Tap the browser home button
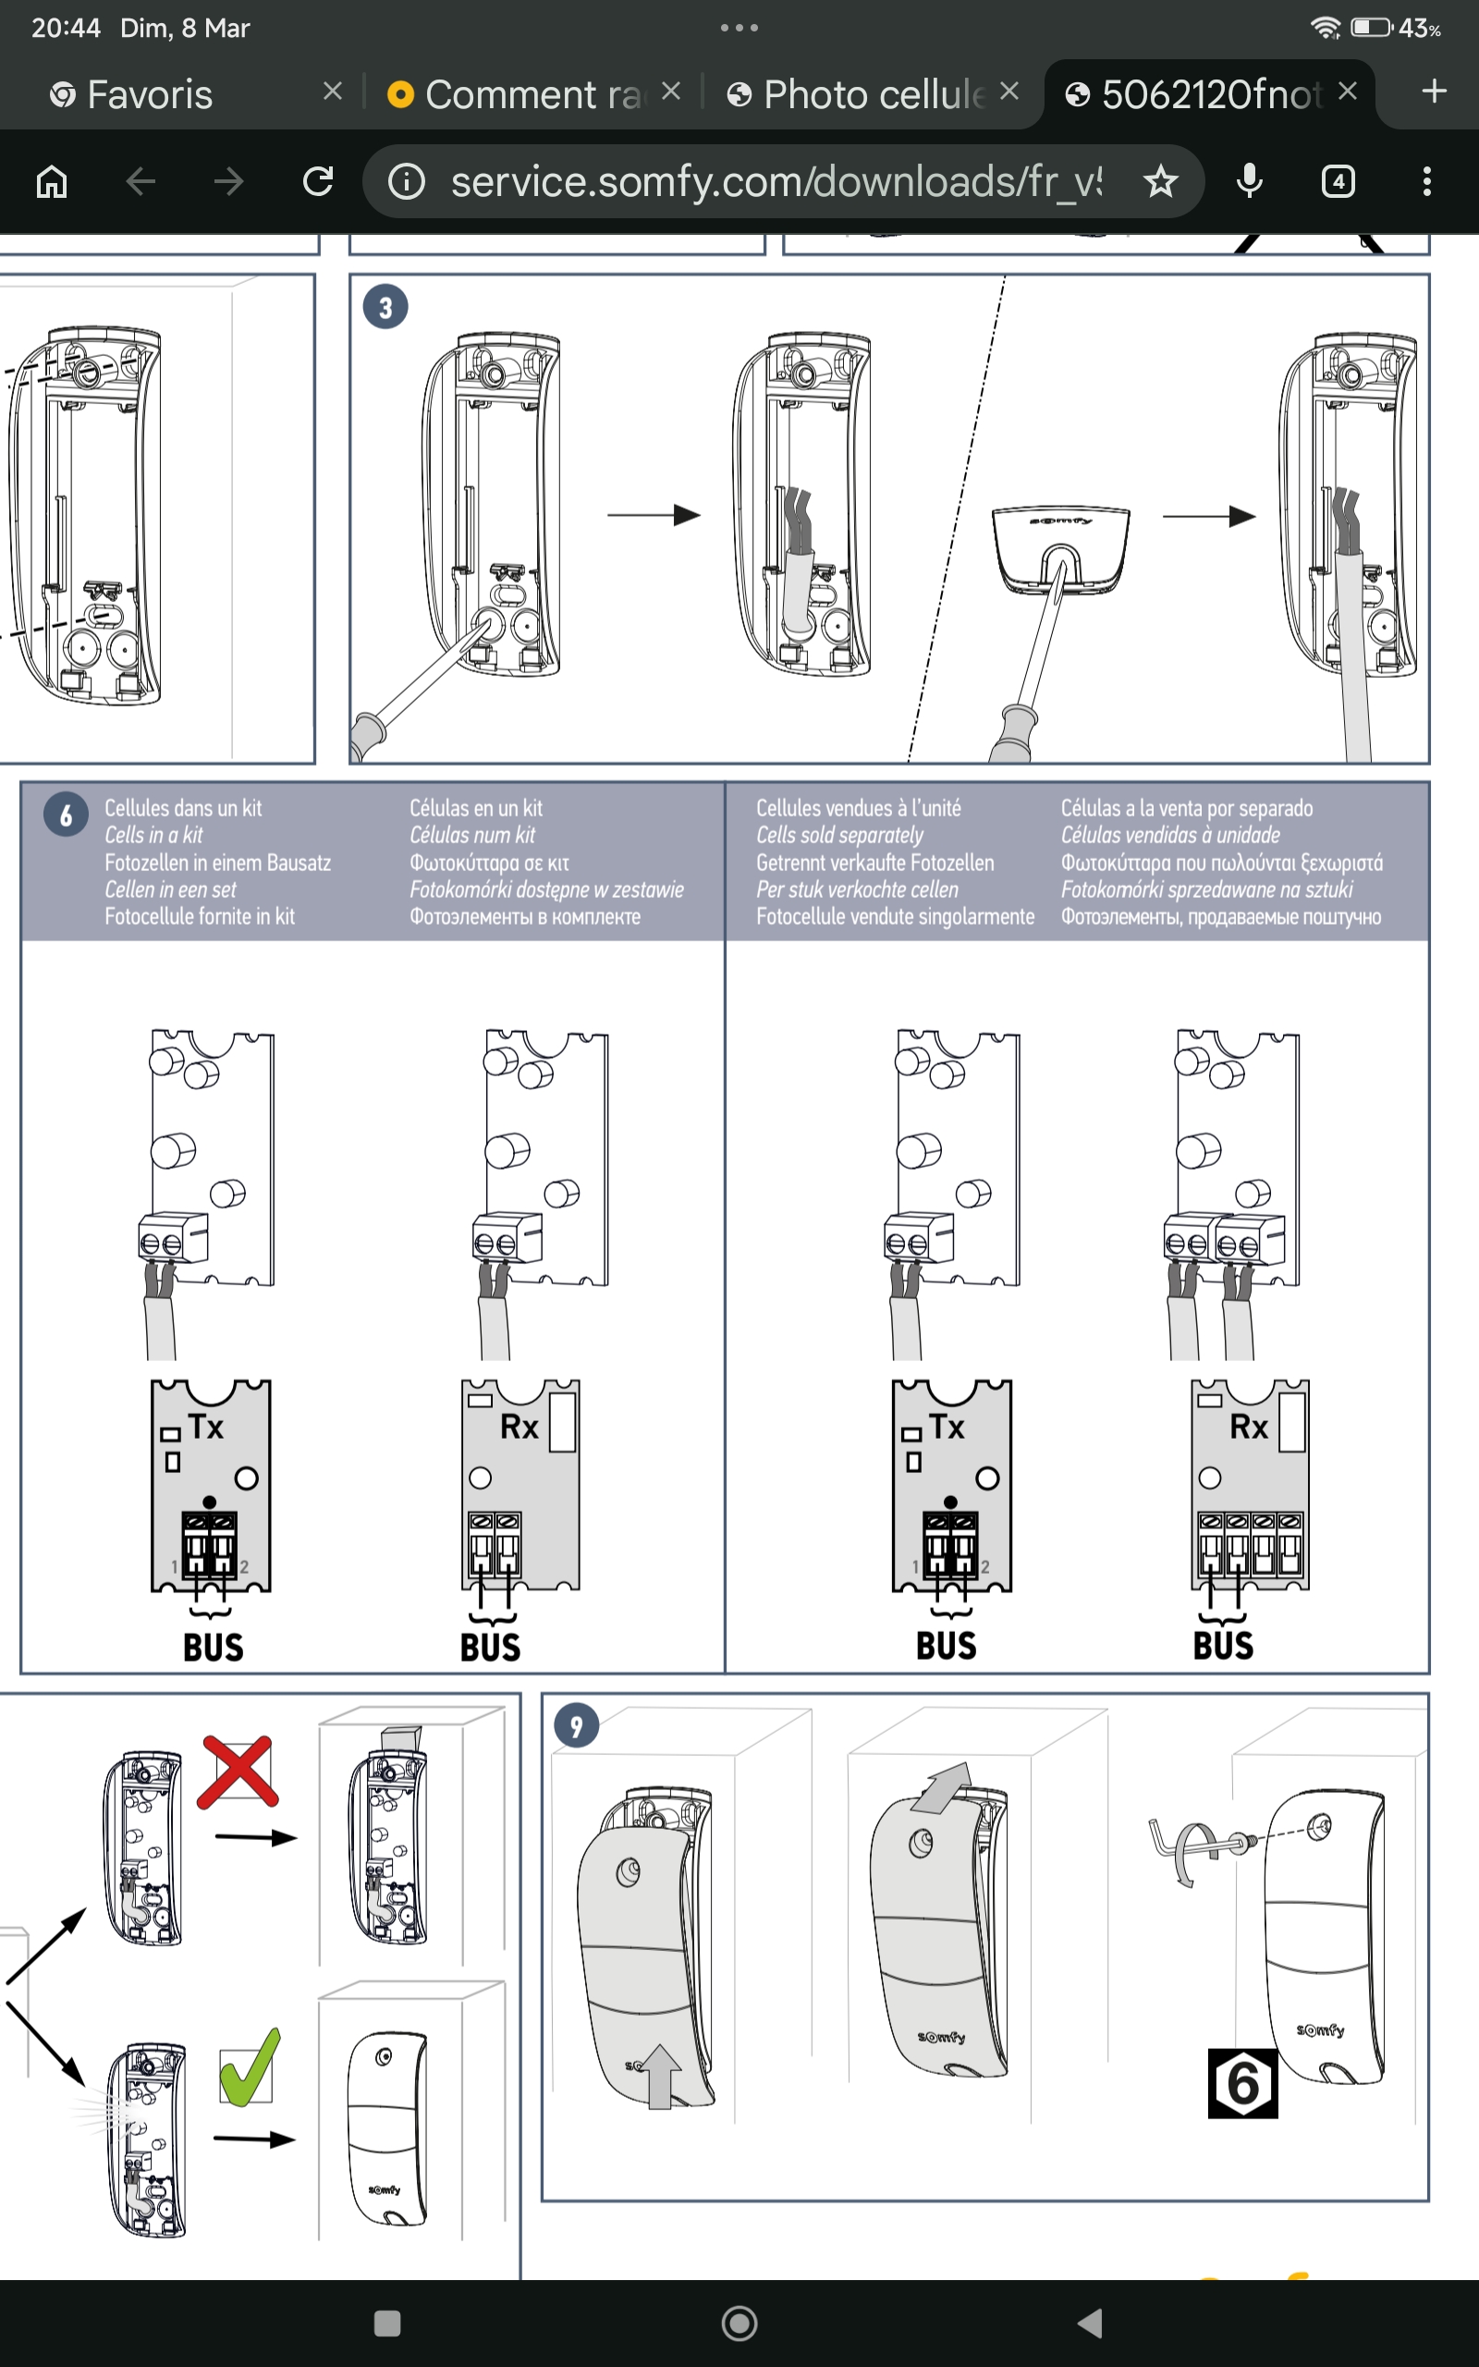pos(52,182)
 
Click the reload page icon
pos(318,182)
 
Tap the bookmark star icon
pos(1160,182)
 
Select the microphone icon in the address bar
pos(1249,182)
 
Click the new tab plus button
pos(1434,92)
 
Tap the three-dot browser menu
pos(1427,182)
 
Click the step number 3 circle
pos(385,307)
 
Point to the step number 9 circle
pos(576,1726)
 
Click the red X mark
pos(238,1772)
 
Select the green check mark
pos(249,2068)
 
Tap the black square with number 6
pos(1242,2083)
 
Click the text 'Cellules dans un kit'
pos(183,808)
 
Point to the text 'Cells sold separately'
pos(839,835)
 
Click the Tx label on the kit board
pos(206,1427)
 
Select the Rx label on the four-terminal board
pos(1248,1427)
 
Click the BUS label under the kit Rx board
pos(490,1647)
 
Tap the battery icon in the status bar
pos(1371,28)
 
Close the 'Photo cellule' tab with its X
pos(1009,92)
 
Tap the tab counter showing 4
pos(1338,182)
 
